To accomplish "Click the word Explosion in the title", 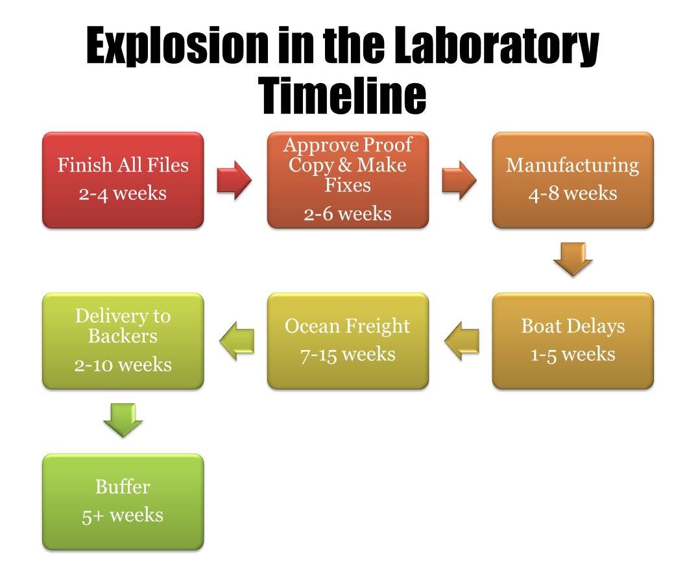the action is pyautogui.click(x=177, y=46).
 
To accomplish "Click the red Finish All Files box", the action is pyautogui.click(x=123, y=180).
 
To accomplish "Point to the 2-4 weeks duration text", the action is pyautogui.click(x=123, y=193).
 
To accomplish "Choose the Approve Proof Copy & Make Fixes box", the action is pyautogui.click(x=348, y=180).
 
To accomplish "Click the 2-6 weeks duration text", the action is pyautogui.click(x=348, y=214).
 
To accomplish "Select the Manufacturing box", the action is pyautogui.click(x=573, y=180).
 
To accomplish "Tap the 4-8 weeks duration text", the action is pyautogui.click(x=573, y=193).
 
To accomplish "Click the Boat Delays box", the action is pyautogui.click(x=573, y=341).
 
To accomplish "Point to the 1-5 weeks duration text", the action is pyautogui.click(x=573, y=354).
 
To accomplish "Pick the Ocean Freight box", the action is pyautogui.click(x=348, y=341).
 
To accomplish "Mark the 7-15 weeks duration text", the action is pyautogui.click(x=348, y=354).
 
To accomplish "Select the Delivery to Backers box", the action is pyautogui.click(x=123, y=341).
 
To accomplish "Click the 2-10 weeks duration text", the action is pyautogui.click(x=123, y=365).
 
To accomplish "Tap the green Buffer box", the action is pyautogui.click(x=123, y=502).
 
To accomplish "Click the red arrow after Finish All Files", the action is pyautogui.click(x=234, y=180).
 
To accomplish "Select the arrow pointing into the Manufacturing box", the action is pyautogui.click(x=459, y=180).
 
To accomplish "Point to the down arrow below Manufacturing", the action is pyautogui.click(x=573, y=259).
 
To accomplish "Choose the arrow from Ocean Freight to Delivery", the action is pyautogui.click(x=237, y=341).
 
